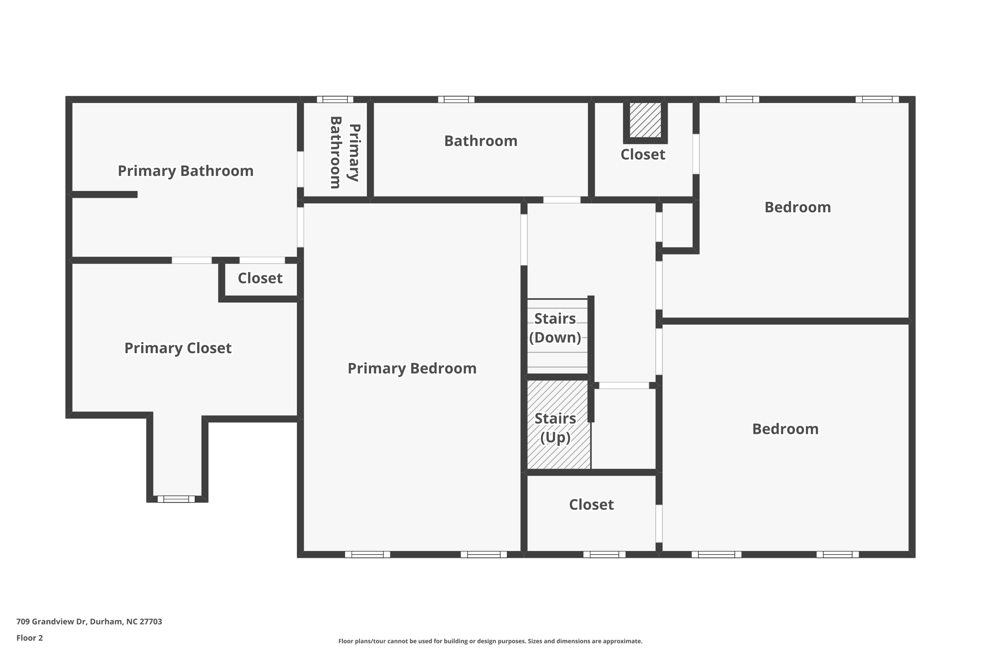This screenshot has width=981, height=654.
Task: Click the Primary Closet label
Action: (178, 348)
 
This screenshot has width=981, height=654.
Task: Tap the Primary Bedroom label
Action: (412, 368)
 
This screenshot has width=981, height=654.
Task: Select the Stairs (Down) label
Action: (555, 328)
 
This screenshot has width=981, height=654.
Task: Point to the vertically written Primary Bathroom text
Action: (344, 152)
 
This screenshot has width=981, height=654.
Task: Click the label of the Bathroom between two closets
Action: (480, 141)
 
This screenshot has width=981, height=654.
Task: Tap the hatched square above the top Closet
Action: (645, 120)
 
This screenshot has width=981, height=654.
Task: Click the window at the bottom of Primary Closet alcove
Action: (176, 499)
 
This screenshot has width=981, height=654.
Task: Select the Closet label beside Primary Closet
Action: (260, 278)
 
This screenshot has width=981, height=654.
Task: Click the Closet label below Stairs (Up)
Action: (591, 505)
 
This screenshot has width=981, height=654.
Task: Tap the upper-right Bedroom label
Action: (798, 207)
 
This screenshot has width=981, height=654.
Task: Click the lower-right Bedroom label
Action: (785, 429)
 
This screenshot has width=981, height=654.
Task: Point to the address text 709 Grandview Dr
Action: (89, 621)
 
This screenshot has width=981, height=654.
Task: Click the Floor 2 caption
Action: (30, 638)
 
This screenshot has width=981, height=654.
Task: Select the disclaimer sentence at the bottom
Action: (490, 641)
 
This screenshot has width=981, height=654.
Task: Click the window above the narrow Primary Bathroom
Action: (335, 100)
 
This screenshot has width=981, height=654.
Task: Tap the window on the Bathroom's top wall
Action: (456, 100)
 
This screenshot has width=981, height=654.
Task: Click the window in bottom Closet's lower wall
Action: (604, 554)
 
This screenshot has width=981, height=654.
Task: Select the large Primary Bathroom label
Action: (185, 171)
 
